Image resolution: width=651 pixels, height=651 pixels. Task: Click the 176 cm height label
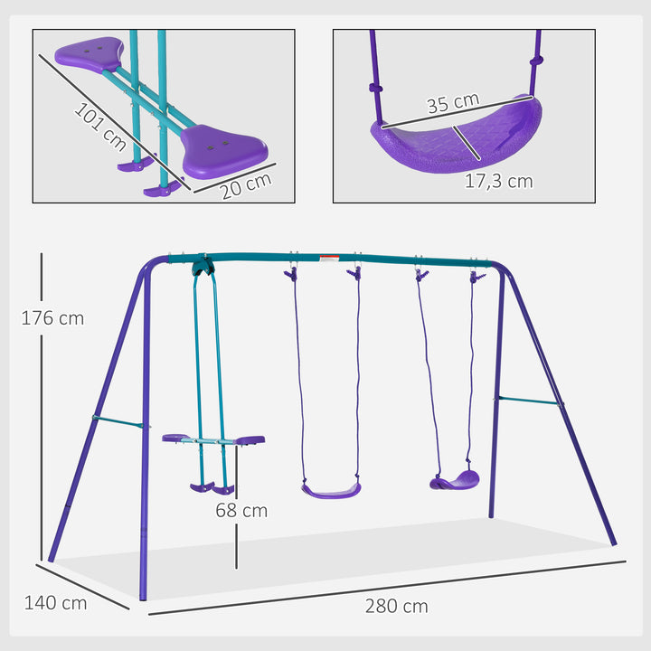click(x=53, y=318)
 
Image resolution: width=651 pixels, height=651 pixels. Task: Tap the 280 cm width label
click(x=396, y=606)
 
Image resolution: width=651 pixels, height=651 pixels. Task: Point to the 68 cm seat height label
click(x=241, y=511)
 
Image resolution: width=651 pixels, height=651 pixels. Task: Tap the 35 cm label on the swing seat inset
click(x=452, y=101)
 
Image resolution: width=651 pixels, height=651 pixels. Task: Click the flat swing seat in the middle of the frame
click(x=331, y=490)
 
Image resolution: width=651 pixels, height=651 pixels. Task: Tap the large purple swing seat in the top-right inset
click(x=457, y=136)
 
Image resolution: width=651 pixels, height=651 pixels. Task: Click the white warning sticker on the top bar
click(x=329, y=259)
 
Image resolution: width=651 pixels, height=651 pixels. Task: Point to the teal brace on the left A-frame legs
click(x=118, y=421)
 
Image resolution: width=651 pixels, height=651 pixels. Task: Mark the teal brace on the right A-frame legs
click(x=529, y=401)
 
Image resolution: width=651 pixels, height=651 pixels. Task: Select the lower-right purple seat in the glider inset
click(x=225, y=148)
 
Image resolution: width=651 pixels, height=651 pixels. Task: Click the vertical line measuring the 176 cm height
click(x=41, y=407)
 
